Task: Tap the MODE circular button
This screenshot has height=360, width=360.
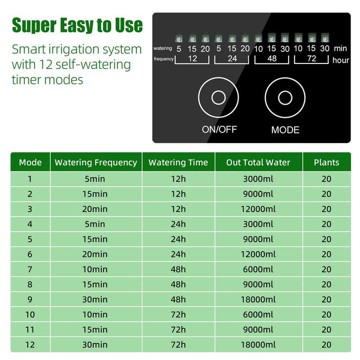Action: coord(285,98)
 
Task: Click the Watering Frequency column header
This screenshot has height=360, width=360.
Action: coord(96,163)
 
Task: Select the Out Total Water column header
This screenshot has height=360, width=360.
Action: coord(258,163)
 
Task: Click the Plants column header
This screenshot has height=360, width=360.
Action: coord(326,163)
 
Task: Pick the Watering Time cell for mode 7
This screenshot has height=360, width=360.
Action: coord(178,269)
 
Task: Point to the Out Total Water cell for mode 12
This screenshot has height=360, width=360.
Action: coord(258,345)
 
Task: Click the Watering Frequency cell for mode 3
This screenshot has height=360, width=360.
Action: coord(96,209)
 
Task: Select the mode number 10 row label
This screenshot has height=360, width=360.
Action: coord(30,315)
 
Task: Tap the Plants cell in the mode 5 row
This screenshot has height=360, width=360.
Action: coord(326,239)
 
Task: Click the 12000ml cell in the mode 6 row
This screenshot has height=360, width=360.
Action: coord(258,254)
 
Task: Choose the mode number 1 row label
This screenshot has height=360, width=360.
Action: coord(30,179)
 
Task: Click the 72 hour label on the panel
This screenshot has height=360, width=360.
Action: coord(311,59)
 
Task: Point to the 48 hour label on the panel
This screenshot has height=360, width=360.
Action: coord(271,59)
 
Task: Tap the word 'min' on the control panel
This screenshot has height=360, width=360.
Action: coord(340,48)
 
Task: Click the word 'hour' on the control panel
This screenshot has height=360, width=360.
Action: coord(340,60)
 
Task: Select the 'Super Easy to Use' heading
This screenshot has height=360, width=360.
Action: coord(77,25)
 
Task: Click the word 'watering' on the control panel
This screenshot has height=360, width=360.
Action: coord(163,49)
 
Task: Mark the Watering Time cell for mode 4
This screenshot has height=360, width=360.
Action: coord(178,224)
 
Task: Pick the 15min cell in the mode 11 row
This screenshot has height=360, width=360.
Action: coord(96,330)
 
